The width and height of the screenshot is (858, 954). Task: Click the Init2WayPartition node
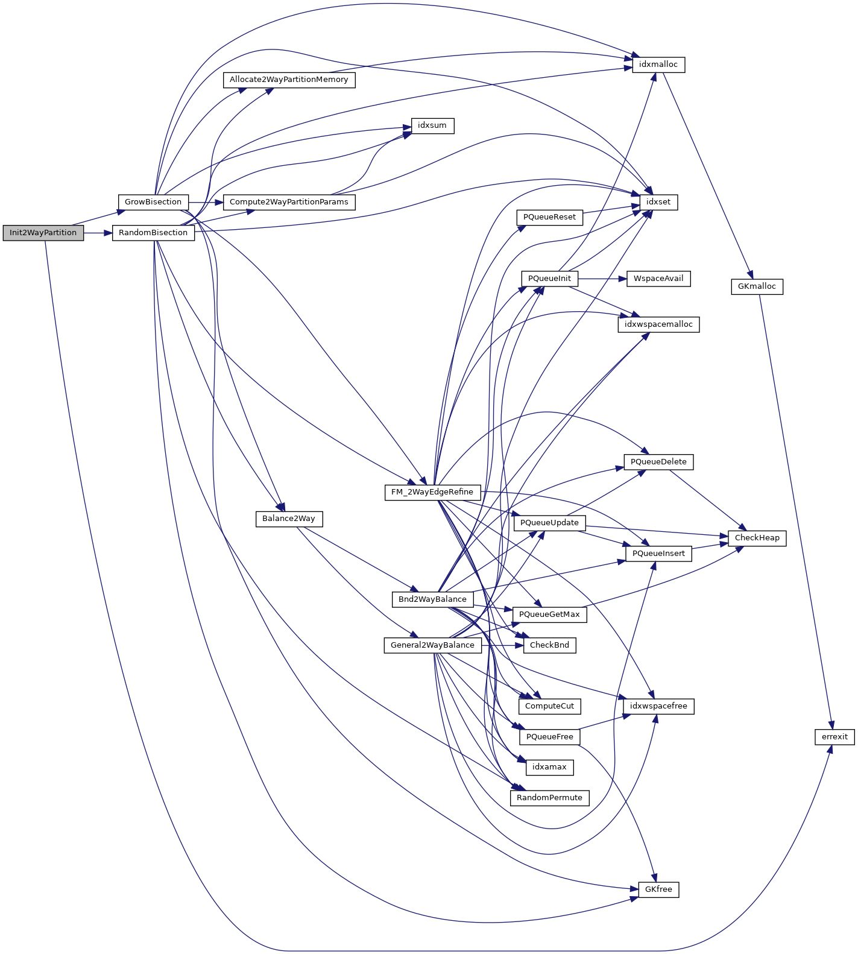pos(43,233)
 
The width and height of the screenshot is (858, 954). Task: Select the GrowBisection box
pos(153,202)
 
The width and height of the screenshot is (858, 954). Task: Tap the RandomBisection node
pos(153,233)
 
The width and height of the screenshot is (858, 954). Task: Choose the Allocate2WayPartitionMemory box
pos(289,80)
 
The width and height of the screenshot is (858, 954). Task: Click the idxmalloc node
pos(658,65)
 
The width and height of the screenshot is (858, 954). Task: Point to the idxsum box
pos(432,125)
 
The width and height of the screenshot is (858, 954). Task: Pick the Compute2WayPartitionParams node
pos(289,202)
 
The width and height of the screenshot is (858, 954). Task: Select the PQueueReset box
pos(549,217)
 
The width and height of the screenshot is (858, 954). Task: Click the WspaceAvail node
pos(658,279)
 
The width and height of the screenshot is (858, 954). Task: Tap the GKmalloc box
pos(757,286)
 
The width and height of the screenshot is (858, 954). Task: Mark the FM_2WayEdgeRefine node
pos(432,492)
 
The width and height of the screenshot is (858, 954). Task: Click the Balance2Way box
pos(289,519)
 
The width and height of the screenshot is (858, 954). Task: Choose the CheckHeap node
pos(757,538)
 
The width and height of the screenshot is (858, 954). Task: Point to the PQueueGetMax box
pos(549,614)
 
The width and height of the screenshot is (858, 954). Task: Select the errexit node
pos(834,737)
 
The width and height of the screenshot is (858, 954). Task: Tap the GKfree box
pos(658,889)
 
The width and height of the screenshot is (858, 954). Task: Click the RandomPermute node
pos(549,798)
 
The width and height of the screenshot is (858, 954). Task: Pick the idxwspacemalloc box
pos(658,324)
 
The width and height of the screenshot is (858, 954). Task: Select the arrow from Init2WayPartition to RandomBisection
pos(98,233)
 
